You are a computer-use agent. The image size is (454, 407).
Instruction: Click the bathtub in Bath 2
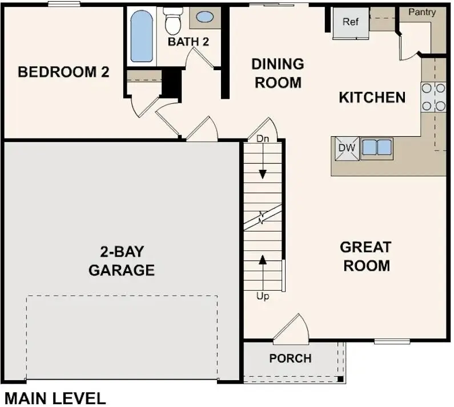tap(142, 36)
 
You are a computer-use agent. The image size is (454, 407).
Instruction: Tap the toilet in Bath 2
tap(172, 21)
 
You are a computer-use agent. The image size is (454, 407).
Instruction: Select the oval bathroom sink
tap(204, 17)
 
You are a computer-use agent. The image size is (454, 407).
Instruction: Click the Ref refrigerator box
tap(351, 23)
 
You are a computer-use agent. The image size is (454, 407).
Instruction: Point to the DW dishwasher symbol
tap(347, 148)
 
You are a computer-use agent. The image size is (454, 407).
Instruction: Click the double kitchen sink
tap(377, 148)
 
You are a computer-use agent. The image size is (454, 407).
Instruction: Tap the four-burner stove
tap(433, 97)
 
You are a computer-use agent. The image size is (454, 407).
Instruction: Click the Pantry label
tap(422, 12)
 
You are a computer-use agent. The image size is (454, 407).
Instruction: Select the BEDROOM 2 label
tap(63, 72)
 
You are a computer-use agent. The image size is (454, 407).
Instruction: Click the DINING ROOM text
tap(278, 73)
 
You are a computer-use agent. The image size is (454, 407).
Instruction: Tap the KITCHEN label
tap(372, 97)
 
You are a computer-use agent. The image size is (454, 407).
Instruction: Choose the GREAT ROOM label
tap(365, 257)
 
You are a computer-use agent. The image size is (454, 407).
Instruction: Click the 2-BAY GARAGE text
tap(122, 261)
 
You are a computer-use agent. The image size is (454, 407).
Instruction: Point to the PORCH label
tap(291, 359)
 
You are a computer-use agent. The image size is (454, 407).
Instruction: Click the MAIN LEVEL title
tap(55, 397)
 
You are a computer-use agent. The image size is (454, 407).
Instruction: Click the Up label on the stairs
tap(263, 296)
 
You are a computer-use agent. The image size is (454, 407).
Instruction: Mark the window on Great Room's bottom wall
tap(392, 341)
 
